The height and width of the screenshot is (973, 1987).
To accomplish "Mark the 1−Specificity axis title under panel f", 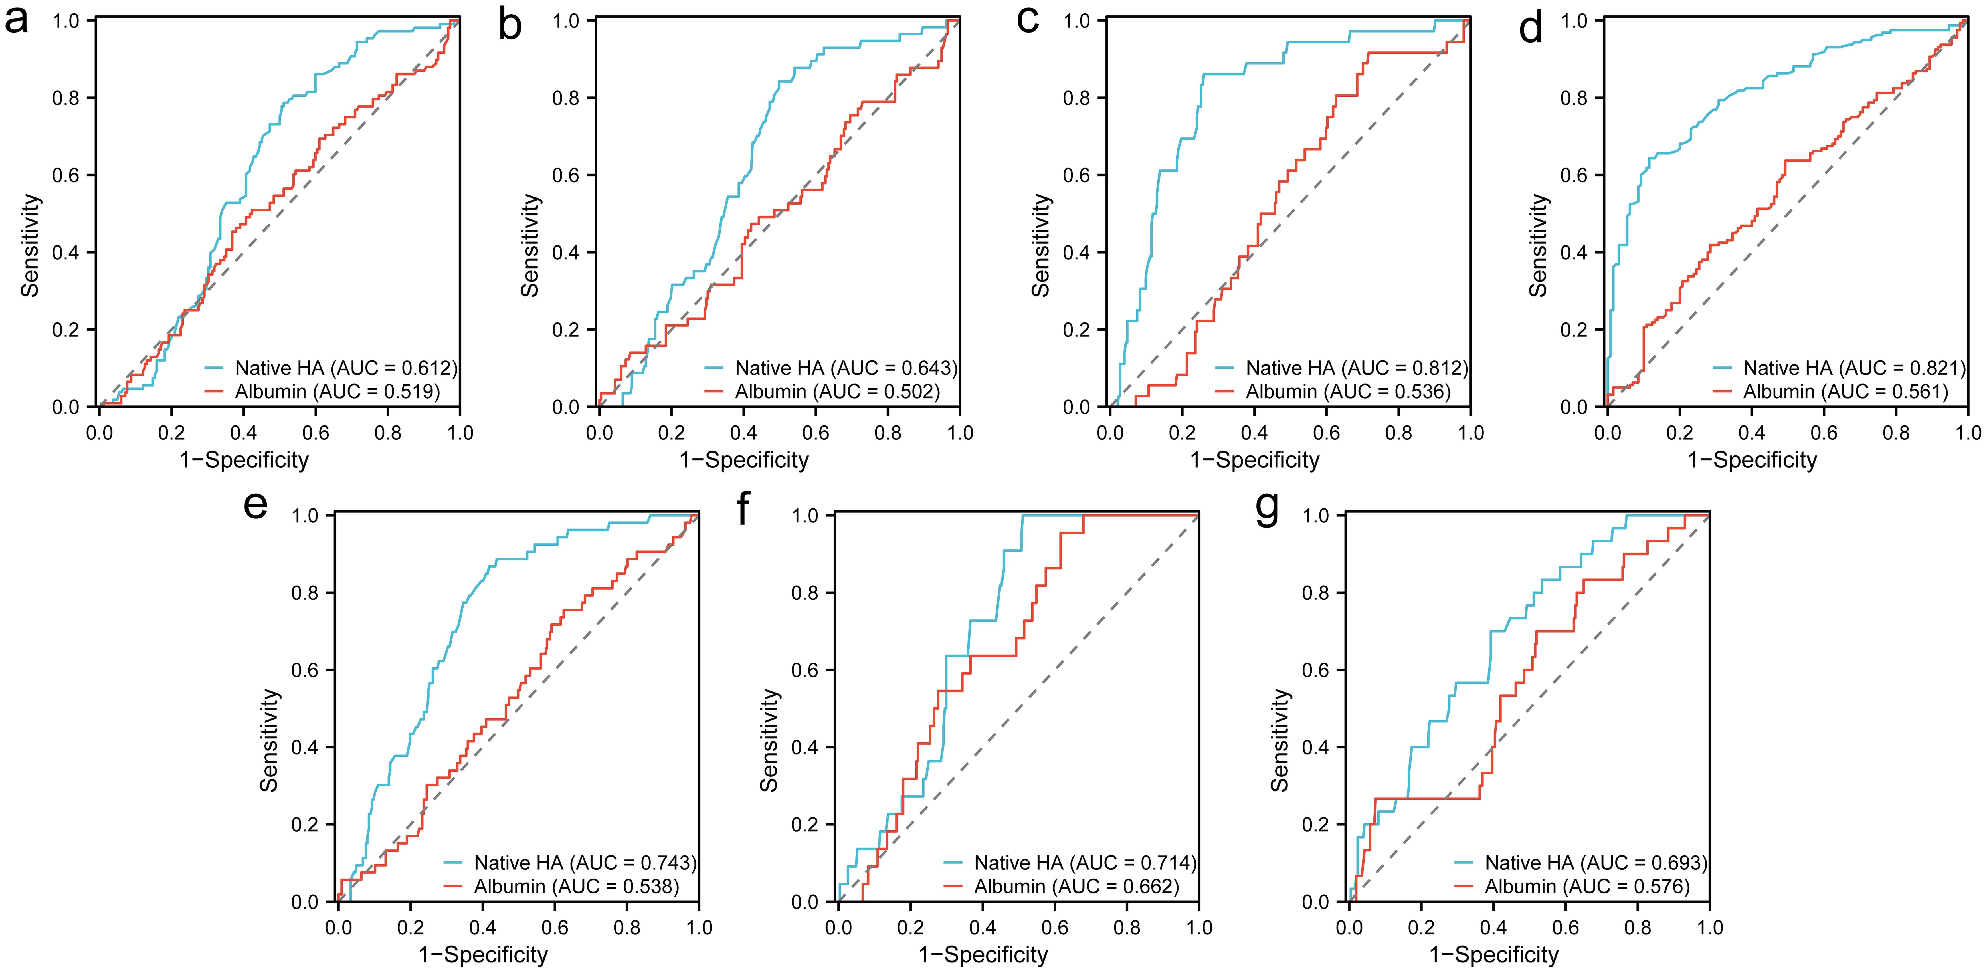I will [983, 955].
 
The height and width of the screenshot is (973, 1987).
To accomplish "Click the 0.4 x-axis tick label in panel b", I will [743, 433].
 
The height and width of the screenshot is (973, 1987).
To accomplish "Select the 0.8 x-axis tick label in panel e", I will [627, 927].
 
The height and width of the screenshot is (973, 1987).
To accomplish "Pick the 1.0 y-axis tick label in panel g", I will [1319, 515].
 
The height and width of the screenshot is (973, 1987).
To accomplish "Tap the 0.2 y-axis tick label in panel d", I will [1576, 330].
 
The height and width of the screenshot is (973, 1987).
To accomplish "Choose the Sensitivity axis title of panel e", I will [268, 740].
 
